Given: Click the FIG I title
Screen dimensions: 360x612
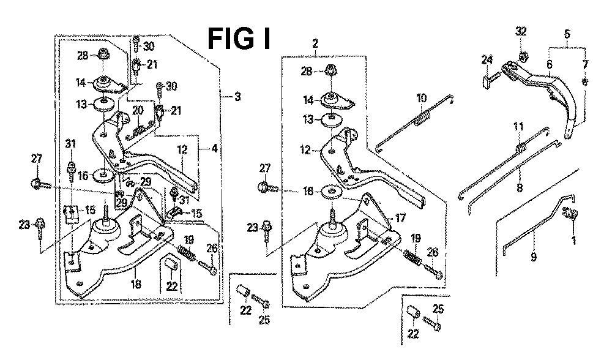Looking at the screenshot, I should [240, 38].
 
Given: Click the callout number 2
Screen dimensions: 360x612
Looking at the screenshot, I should [315, 43].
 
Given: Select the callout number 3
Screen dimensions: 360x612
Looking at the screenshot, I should [237, 96].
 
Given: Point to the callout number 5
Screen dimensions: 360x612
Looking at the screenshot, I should [567, 35].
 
